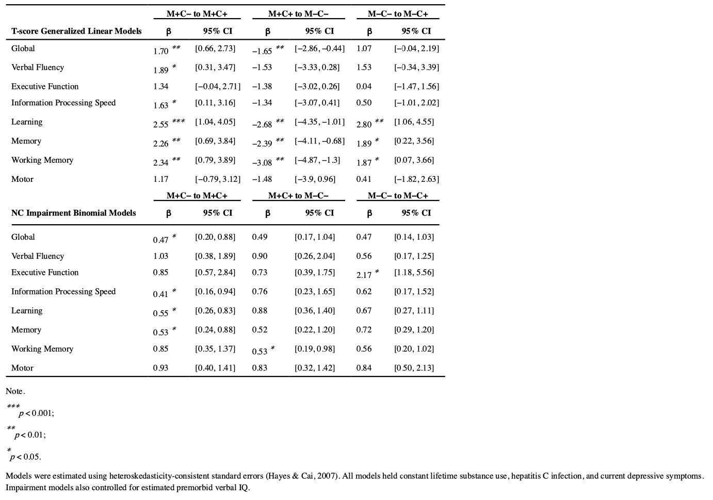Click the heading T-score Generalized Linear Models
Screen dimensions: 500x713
(76, 31)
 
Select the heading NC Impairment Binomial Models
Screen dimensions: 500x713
(74, 213)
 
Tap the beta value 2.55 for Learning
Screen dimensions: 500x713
(161, 124)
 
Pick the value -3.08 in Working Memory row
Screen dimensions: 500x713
(262, 163)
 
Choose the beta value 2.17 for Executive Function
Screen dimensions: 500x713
(364, 275)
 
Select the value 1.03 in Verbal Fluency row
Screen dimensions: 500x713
(160, 256)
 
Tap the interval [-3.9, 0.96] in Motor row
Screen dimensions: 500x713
(315, 179)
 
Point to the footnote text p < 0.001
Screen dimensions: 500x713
(36, 413)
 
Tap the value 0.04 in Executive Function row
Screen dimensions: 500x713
(364, 86)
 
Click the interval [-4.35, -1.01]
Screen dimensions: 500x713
(319, 122)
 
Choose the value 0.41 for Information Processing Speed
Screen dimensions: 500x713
(160, 294)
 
